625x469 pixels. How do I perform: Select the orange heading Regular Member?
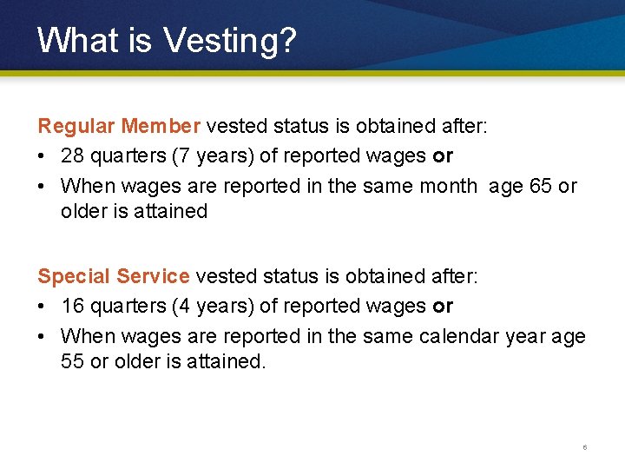click(x=119, y=126)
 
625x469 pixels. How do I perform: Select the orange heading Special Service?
click(x=113, y=276)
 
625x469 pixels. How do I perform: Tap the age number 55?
click(x=73, y=360)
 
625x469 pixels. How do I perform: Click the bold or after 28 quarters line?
click(x=443, y=155)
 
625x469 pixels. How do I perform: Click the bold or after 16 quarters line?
click(x=443, y=306)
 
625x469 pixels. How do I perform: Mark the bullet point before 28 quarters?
click(x=43, y=156)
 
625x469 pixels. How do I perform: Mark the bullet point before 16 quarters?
click(x=43, y=307)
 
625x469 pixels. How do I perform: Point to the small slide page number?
click(x=585, y=448)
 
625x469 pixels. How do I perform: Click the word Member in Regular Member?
click(x=161, y=126)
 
